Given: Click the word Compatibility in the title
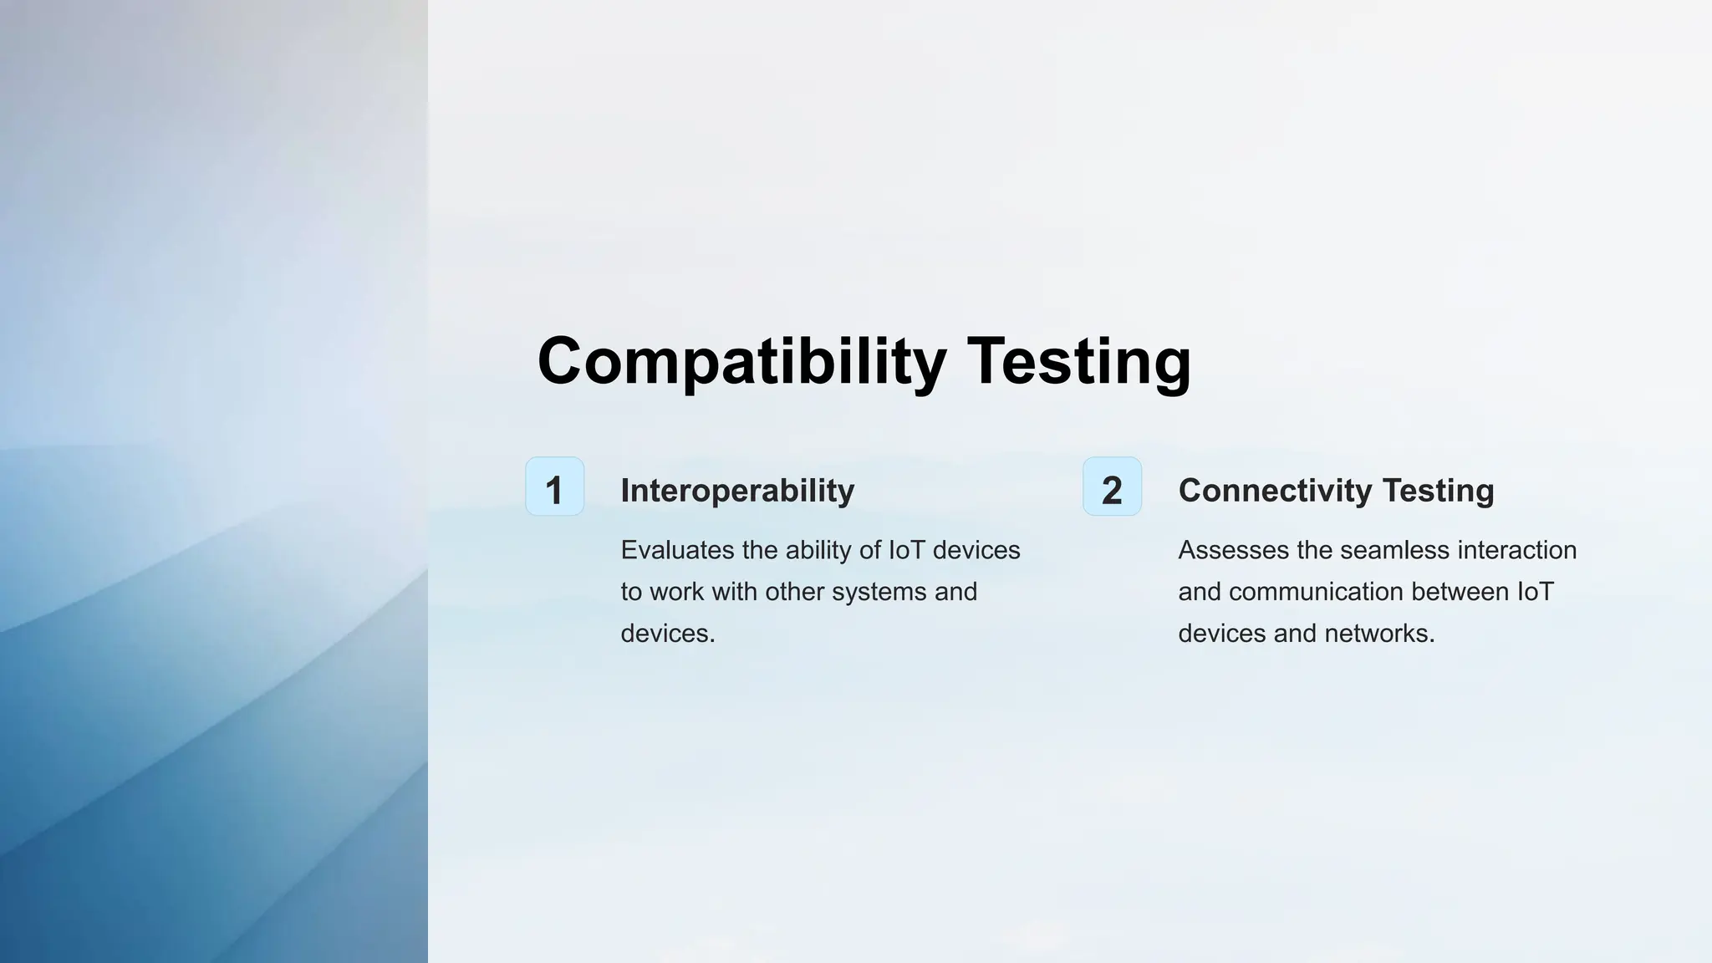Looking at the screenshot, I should point(741,361).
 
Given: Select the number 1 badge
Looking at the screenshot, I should point(554,487).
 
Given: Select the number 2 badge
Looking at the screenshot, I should point(1112,487).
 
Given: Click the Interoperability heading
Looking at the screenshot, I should point(737,491).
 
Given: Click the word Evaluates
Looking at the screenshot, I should point(677,550).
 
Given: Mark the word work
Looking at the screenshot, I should point(676,592).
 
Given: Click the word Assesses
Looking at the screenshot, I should point(1234,550).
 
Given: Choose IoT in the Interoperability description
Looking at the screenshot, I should point(906,550).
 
